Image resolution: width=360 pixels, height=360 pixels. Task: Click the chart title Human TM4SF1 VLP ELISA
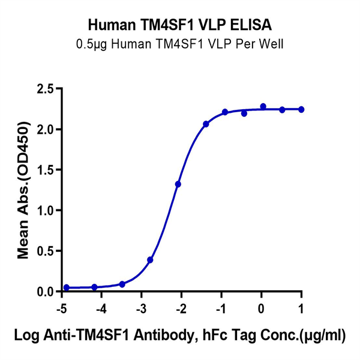179,25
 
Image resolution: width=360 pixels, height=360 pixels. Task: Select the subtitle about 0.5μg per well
179,43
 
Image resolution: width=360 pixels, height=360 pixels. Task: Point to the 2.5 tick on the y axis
46,89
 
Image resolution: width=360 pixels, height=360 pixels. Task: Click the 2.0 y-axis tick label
46,130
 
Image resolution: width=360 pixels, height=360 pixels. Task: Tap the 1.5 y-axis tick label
46,170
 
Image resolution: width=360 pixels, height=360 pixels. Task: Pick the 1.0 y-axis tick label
46,211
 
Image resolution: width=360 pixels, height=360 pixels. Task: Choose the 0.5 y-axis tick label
46,251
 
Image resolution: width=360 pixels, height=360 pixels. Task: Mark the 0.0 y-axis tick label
46,292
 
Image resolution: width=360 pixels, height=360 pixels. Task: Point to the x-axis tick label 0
261,309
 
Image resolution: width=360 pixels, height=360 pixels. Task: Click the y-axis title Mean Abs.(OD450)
23,190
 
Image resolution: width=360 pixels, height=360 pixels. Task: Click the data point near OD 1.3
178,184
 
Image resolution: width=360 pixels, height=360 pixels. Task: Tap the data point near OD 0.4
150,260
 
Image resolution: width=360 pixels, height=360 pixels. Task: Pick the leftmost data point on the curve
66,287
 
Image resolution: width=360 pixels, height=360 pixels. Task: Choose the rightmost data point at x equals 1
301,109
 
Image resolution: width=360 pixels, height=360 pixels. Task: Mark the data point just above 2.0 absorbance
206,124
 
